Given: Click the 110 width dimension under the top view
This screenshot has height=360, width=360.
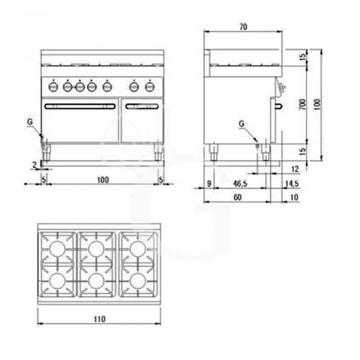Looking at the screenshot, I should pyautogui.click(x=100, y=319).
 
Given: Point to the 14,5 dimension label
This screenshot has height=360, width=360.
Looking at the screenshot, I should pyautogui.click(x=292, y=184).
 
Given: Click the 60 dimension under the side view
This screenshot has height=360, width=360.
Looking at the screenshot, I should pyautogui.click(x=238, y=197).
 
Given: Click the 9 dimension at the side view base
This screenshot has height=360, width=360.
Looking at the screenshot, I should pyautogui.click(x=209, y=184).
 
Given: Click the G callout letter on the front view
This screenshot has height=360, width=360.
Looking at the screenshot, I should pyautogui.click(x=29, y=121).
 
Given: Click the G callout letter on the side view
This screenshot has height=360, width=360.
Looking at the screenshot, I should pyautogui.click(x=242, y=123).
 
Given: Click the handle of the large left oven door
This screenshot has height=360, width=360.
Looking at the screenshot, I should pyautogui.click(x=80, y=107).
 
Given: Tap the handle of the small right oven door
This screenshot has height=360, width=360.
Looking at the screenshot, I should pyautogui.click(x=142, y=107).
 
